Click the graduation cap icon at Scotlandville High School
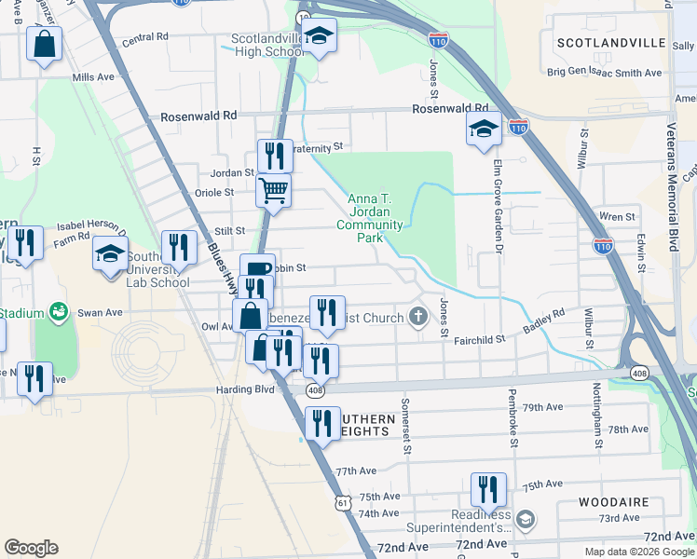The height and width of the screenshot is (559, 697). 320,37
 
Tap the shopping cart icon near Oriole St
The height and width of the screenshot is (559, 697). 274,190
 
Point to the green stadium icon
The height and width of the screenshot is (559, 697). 59,310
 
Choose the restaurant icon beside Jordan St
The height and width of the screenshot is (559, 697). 275,156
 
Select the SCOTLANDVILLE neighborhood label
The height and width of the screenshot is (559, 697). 610,44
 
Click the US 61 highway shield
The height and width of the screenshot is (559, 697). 344,503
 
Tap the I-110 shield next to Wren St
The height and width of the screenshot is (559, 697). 603,246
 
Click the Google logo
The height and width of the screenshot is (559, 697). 31,548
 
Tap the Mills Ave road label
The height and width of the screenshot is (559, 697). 92,76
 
